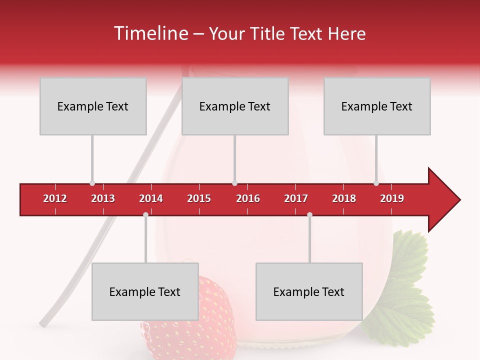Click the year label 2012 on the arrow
(55, 198)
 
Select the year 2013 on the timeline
(103, 198)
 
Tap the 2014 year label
(151, 198)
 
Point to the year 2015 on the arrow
(199, 198)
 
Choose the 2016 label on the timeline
(248, 198)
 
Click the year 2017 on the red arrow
(296, 198)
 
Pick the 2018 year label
(344, 198)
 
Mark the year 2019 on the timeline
(392, 198)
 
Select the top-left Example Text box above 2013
(93, 106)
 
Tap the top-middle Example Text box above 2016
(235, 106)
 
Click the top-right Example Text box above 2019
(377, 106)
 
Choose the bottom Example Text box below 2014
(145, 292)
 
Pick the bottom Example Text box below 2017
(309, 292)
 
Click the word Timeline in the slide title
(149, 33)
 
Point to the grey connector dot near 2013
(92, 183)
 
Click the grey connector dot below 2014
(145, 215)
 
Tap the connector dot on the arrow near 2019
(376, 183)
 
